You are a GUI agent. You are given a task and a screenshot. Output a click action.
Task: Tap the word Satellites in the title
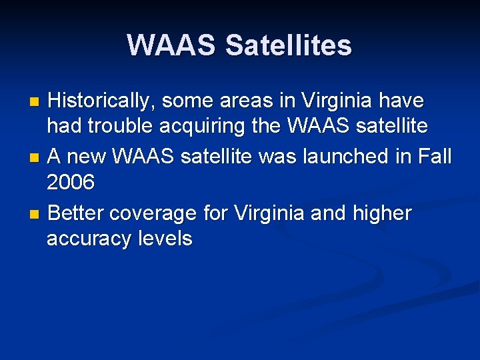pyautogui.click(x=288, y=45)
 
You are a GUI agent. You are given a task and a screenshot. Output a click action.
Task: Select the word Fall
pyautogui.click(x=436, y=157)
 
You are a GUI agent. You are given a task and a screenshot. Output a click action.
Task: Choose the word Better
pyautogui.click(x=77, y=213)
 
